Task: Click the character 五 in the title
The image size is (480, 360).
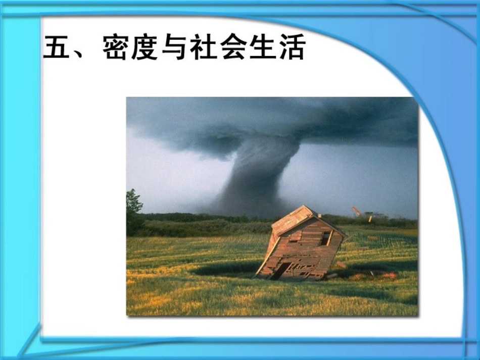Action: click(58, 47)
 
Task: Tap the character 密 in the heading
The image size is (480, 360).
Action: click(117, 47)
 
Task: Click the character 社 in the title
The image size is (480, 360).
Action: click(204, 47)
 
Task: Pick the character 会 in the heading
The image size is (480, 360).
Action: click(233, 47)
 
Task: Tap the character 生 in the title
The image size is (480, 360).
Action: click(262, 47)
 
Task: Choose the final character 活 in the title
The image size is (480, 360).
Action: click(291, 47)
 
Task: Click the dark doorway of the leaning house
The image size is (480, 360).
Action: click(281, 270)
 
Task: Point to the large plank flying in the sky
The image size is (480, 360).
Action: click(357, 211)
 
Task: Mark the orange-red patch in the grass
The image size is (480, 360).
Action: click(390, 275)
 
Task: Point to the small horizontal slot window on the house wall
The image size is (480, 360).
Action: click(294, 241)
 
